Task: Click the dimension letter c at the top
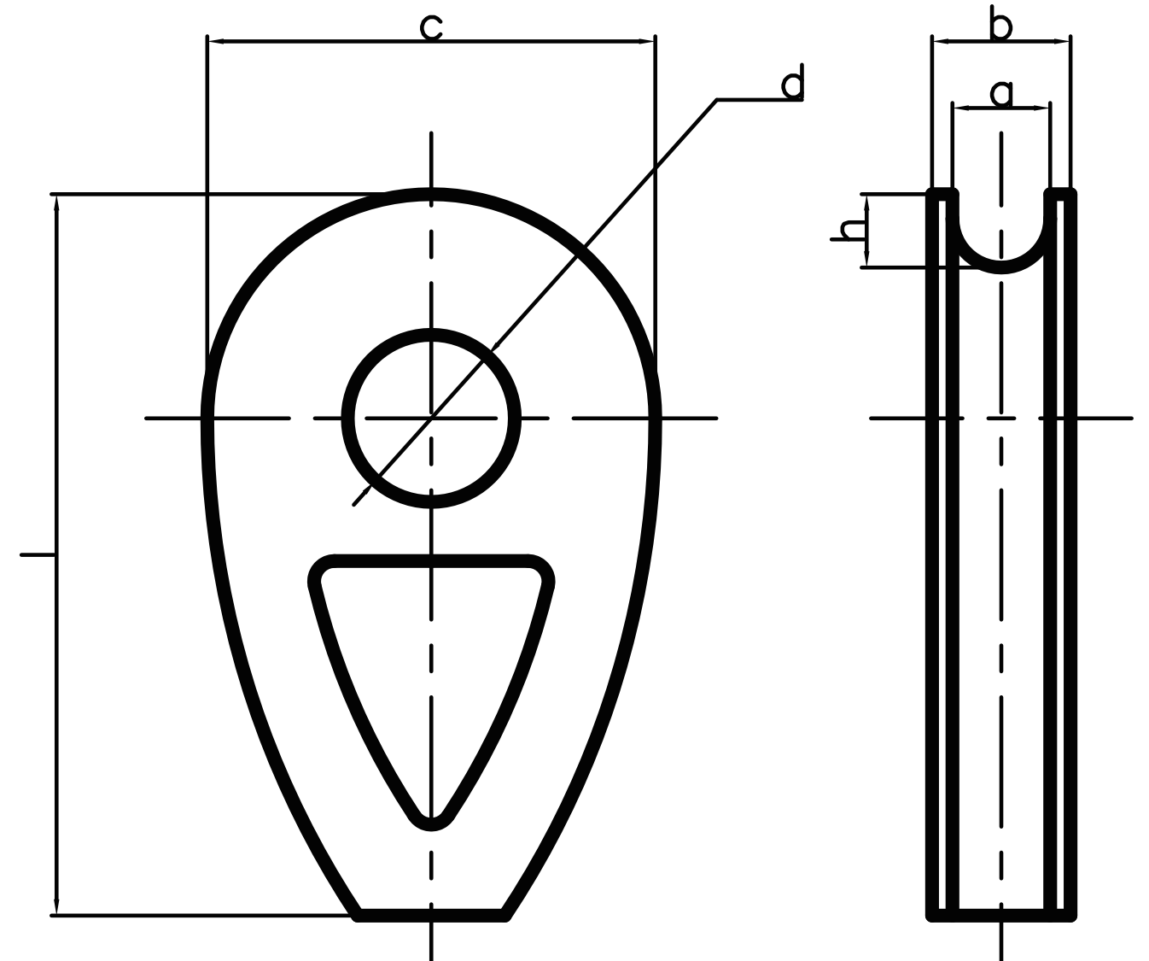(431, 26)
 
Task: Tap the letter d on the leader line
(792, 83)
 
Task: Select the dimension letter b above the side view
(1000, 26)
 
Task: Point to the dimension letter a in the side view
(1000, 92)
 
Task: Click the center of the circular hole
(431, 418)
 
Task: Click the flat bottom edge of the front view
(431, 916)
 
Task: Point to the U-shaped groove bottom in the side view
(1001, 267)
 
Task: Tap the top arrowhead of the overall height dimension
(56, 202)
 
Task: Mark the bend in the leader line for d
(717, 100)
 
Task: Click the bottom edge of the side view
(1001, 916)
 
